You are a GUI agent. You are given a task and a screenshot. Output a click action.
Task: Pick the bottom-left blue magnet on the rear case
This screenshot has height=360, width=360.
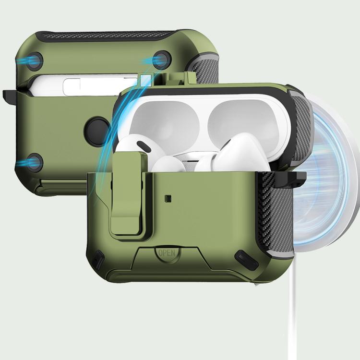point(34,162)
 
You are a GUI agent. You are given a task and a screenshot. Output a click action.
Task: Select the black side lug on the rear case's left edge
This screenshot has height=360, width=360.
point(10,94)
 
